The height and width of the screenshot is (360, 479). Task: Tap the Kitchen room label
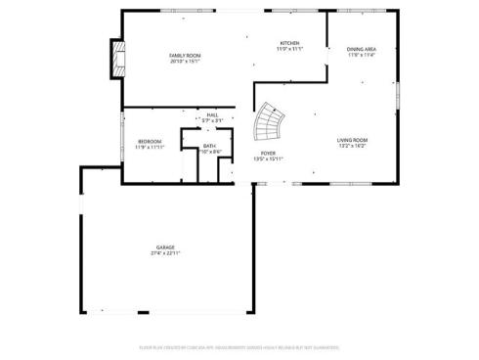pos(289,43)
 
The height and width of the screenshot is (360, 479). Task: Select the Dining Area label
pos(361,49)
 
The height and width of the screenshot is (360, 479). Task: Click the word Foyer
pos(267,154)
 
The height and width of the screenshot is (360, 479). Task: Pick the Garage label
pos(164,247)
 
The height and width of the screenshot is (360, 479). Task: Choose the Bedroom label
pos(149,141)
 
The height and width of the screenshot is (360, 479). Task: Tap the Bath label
pos(209,145)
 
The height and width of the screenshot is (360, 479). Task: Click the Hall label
pos(212,114)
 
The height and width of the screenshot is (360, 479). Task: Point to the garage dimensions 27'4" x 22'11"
pos(164,253)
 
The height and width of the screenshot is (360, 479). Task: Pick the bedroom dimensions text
pos(149,147)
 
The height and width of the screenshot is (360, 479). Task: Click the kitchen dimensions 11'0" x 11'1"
pos(289,49)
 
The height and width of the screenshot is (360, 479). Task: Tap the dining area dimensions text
pos(361,55)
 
